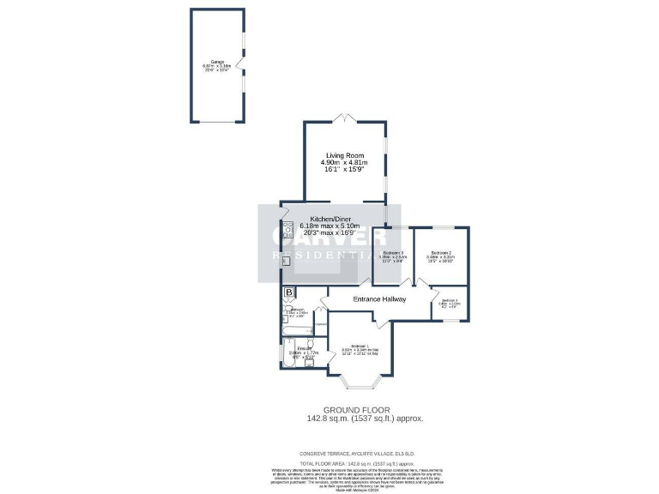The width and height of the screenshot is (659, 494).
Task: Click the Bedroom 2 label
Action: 441,252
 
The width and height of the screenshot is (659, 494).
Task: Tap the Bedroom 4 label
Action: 450,299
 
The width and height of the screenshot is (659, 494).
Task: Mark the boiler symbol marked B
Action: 288,292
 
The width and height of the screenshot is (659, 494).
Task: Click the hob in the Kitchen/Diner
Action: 287,229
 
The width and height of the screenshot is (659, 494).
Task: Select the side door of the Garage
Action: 243,63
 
